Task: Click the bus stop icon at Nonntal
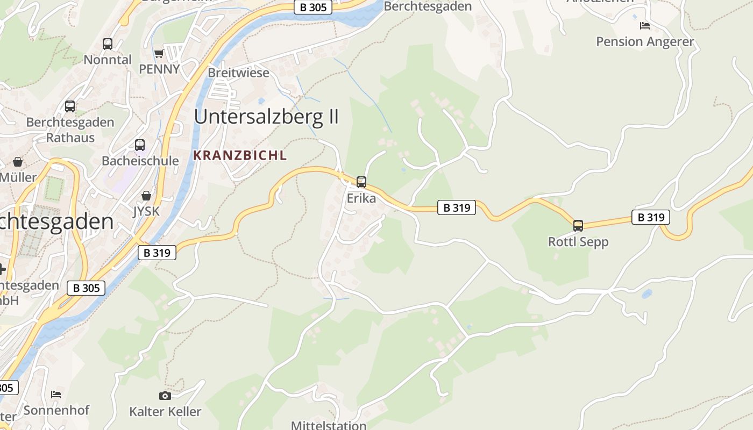tap(108, 44)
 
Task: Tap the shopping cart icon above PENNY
tap(159, 53)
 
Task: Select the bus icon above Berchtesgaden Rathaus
tap(70, 106)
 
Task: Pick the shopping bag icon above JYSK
tap(146, 196)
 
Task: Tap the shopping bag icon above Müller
tap(18, 162)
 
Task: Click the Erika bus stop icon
tap(361, 182)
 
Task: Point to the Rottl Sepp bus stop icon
tap(578, 226)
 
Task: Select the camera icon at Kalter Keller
tap(165, 396)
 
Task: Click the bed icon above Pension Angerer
tap(645, 26)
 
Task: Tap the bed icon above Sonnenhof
tap(56, 395)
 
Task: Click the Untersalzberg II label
tap(266, 117)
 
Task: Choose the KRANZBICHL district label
tap(240, 156)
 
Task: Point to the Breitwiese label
tap(238, 73)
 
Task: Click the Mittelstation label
tap(329, 425)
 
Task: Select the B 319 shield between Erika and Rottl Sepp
tap(457, 207)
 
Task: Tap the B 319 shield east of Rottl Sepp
tap(651, 217)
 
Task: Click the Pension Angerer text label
tap(645, 41)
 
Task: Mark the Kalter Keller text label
tap(165, 412)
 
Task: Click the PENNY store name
tap(159, 69)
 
